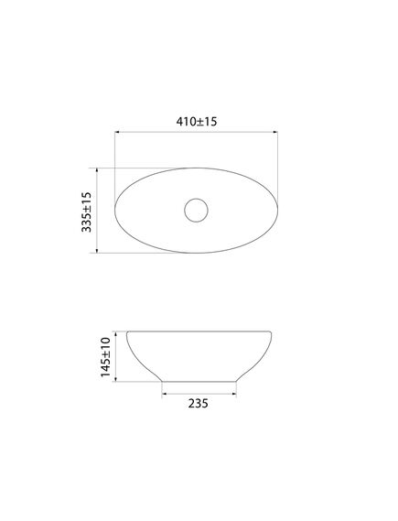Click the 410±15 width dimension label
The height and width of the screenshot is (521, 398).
pyautogui.click(x=197, y=122)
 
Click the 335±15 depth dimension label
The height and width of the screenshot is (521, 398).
pyautogui.click(x=86, y=212)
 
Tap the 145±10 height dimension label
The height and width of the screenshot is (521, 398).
pyautogui.click(x=105, y=357)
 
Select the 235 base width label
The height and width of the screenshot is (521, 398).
pyautogui.click(x=199, y=404)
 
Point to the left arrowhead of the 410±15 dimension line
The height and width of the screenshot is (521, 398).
pyautogui.click(x=117, y=132)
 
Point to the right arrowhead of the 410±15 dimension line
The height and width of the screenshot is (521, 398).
pyautogui.click(x=275, y=132)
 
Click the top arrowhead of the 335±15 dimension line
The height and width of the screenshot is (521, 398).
pyautogui.click(x=97, y=170)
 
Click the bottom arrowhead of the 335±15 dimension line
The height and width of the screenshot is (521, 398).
pyautogui.click(x=97, y=250)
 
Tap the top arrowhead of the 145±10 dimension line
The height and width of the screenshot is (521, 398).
pyautogui.click(x=115, y=334)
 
